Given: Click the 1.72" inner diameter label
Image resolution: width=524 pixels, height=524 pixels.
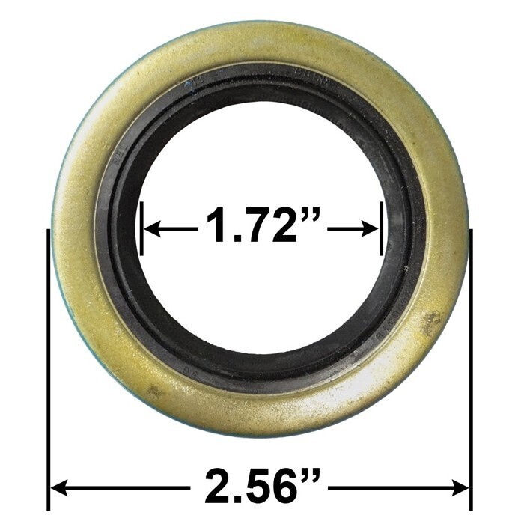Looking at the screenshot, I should click(x=262, y=228).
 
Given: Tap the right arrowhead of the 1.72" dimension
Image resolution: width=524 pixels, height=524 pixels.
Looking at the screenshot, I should click(x=372, y=229).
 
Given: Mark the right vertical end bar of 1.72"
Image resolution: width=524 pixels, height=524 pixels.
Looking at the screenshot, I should click(x=382, y=228).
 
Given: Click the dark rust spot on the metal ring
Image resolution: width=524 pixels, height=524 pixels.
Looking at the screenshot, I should click(x=430, y=322).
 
